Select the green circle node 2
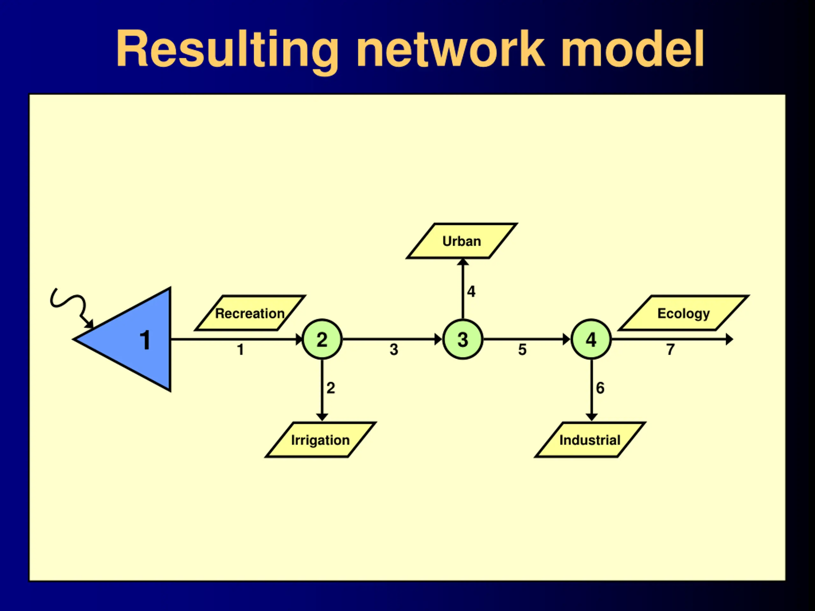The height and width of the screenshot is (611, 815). coord(322,339)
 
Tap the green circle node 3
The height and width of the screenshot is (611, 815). coord(463,339)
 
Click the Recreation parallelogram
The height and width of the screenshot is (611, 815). coord(250,313)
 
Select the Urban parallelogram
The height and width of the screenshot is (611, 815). coord(462,241)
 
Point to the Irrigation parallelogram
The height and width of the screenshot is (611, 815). coord(321,440)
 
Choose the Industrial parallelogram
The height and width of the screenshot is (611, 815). coord(590,440)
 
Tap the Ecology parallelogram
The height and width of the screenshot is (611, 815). coord(684,313)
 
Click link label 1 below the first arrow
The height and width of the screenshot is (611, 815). coord(240,349)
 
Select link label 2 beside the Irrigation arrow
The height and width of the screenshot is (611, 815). coord(330,388)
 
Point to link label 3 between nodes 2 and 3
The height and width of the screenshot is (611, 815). coord(394,349)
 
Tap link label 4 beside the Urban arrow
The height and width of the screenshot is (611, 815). coord(471,291)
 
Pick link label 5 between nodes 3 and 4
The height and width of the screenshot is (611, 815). coord(522,349)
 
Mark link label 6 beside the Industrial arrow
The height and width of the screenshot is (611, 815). coord(600,388)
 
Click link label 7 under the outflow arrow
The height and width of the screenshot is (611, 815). coord(670,349)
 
